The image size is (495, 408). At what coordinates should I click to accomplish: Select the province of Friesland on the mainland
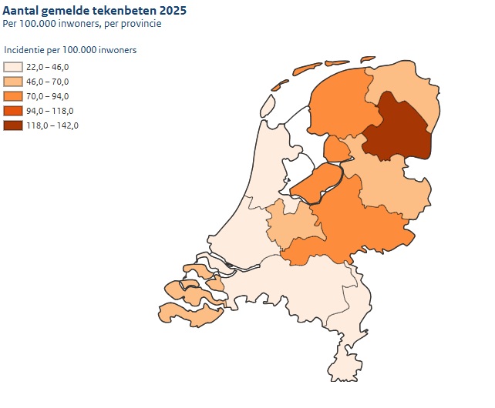coord(339,108)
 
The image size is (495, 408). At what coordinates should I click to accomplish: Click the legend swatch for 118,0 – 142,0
coord(13,125)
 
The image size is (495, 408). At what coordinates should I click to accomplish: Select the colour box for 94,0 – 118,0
coord(13,112)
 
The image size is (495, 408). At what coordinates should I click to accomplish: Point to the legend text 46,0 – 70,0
coord(48,82)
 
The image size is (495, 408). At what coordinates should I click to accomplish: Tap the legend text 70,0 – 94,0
coord(48,96)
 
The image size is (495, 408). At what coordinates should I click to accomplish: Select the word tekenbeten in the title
coord(123,12)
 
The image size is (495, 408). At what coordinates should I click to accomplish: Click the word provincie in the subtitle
coord(142,24)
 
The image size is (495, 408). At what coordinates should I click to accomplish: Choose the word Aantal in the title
coord(20,12)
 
